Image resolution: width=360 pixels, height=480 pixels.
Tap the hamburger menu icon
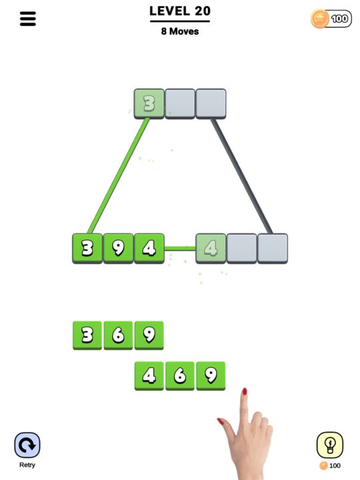pyautogui.click(x=28, y=19)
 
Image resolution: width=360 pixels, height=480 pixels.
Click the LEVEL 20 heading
pyautogui.click(x=180, y=11)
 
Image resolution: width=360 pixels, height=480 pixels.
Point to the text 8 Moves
pyautogui.click(x=180, y=31)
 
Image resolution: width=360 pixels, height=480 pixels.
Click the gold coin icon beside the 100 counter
pyautogui.click(x=320, y=19)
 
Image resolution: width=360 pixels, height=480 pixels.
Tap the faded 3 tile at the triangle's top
pyautogui.click(x=149, y=103)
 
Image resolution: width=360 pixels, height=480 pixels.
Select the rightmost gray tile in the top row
pyautogui.click(x=211, y=103)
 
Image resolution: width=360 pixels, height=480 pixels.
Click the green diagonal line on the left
pyautogui.click(x=118, y=176)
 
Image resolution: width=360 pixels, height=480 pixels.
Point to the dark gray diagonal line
pyautogui.click(x=241, y=176)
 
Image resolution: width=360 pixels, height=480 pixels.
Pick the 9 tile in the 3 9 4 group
pyautogui.click(x=118, y=248)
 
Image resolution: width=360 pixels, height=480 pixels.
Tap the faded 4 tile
pyautogui.click(x=211, y=248)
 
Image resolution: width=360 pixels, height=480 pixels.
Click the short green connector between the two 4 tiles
pyautogui.click(x=180, y=249)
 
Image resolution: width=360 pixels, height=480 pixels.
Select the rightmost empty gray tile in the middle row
pyautogui.click(x=273, y=248)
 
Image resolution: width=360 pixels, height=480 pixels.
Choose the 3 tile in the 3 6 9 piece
pyautogui.click(x=87, y=335)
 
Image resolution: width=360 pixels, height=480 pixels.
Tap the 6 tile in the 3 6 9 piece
pyautogui.click(x=118, y=335)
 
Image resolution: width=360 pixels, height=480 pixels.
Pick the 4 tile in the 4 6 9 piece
pyautogui.click(x=149, y=375)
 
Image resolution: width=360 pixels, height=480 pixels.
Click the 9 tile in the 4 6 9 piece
pyautogui.click(x=211, y=375)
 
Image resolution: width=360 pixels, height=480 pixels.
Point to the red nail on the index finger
pyautogui.click(x=245, y=392)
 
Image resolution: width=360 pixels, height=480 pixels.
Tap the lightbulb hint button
pyautogui.click(x=329, y=444)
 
